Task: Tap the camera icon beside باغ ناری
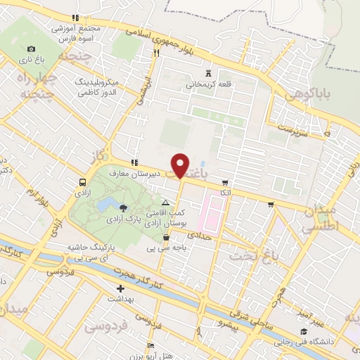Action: coord(30,49)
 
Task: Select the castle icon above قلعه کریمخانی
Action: coord(207,72)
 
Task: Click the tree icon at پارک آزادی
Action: coord(124,207)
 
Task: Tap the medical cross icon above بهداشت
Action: coord(120,288)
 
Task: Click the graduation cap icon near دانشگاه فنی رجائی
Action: coord(303,332)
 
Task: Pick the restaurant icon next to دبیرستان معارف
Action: coord(134,162)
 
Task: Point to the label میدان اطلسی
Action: coord(324,219)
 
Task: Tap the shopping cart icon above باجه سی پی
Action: coord(165,238)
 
